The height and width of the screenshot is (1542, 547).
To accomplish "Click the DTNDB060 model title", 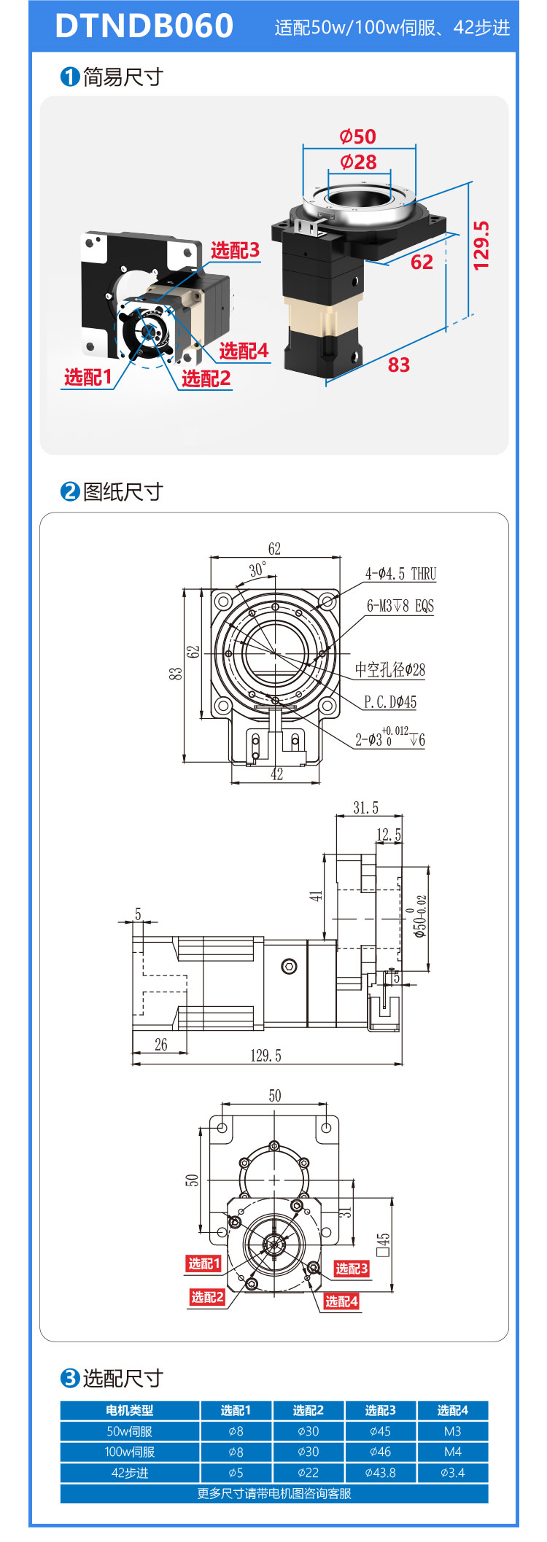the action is click(144, 26).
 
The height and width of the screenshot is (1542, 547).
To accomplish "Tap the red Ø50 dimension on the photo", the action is click(357, 136).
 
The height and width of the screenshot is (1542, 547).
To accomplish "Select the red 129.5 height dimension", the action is click(481, 246).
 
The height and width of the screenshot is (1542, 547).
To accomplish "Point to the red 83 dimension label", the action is click(398, 365).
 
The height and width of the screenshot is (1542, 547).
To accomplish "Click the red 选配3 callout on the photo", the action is click(236, 250).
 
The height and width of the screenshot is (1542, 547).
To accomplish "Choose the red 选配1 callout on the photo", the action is click(88, 377).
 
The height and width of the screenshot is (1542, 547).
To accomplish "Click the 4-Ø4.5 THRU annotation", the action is click(400, 574).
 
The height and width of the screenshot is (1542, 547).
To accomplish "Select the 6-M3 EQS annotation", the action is click(400, 606).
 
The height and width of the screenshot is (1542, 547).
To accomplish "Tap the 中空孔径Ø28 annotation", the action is click(390, 669).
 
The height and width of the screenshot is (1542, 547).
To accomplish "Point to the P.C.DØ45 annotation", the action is click(390, 702).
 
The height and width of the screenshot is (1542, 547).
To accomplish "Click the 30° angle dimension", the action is click(257, 569).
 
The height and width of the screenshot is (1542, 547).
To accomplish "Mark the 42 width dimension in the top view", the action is click(276, 774).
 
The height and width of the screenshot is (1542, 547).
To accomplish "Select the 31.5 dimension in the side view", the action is click(366, 807).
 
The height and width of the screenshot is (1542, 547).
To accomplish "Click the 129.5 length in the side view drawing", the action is click(265, 1055).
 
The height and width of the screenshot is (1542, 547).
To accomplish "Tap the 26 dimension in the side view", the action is click(161, 1045).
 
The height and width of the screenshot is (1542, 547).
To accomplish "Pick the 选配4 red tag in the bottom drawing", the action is click(341, 1301).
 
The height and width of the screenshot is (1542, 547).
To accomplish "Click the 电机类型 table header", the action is click(130, 1410).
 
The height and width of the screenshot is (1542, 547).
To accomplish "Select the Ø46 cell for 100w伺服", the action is click(380, 1452).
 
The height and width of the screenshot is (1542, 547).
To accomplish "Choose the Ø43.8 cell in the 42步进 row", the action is click(380, 1473).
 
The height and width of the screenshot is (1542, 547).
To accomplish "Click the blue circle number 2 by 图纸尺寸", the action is click(69, 491).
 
